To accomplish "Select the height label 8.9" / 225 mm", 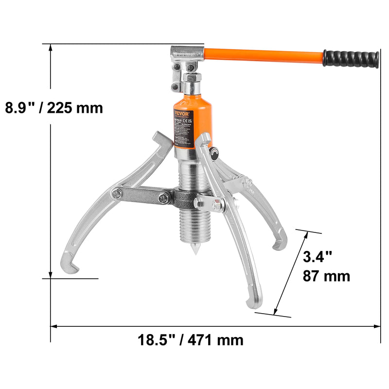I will [53, 107].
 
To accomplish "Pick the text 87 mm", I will [326, 276].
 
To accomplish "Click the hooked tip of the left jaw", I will [68, 266].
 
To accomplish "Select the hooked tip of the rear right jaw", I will [279, 244].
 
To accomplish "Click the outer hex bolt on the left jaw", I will [117, 194].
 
